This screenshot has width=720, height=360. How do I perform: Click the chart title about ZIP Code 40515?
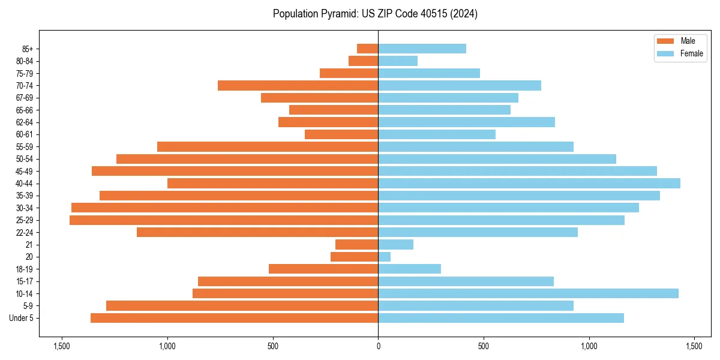pyautogui.click(x=375, y=14)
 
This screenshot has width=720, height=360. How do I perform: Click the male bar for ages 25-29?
pyautogui.click(x=224, y=220)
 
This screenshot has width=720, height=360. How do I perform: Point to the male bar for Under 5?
pyautogui.click(x=234, y=318)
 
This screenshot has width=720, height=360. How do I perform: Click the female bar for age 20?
pyautogui.click(x=385, y=257)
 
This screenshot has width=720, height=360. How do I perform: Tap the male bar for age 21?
pyautogui.click(x=356, y=245)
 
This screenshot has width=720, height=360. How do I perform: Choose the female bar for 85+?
pyautogui.click(x=422, y=49)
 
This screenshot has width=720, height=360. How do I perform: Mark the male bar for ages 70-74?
pyautogui.click(x=298, y=85)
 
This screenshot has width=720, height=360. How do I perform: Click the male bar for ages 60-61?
pyautogui.click(x=341, y=134)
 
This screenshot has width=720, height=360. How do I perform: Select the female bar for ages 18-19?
pyautogui.click(x=409, y=269)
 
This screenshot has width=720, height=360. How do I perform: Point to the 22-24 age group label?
pyautogui.click(x=23, y=232)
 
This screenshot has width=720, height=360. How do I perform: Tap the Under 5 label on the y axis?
pyautogui.click(x=21, y=318)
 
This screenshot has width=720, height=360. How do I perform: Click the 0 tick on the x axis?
pyautogui.click(x=378, y=347)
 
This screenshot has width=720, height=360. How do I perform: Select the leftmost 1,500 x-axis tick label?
pyautogui.click(x=61, y=347)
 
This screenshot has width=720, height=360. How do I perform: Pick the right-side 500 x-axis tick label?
pyautogui.click(x=484, y=347)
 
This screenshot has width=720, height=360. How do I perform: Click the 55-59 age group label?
pyautogui.click(x=23, y=147)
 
